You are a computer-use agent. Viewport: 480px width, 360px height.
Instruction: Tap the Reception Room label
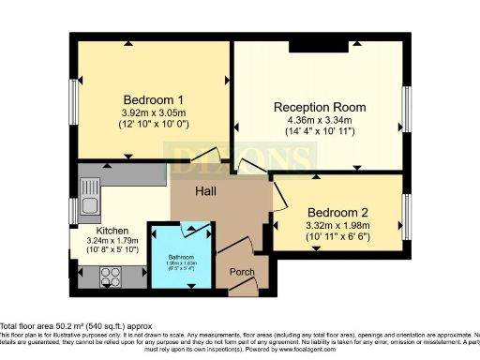pos(320,107)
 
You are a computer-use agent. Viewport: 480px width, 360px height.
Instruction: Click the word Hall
pos(207,190)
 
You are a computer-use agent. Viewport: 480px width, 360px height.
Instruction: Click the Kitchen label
pos(112,229)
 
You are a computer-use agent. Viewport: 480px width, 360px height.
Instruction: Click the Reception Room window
pos(406,112)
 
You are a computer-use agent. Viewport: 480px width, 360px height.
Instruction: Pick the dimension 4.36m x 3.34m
pos(320,120)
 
